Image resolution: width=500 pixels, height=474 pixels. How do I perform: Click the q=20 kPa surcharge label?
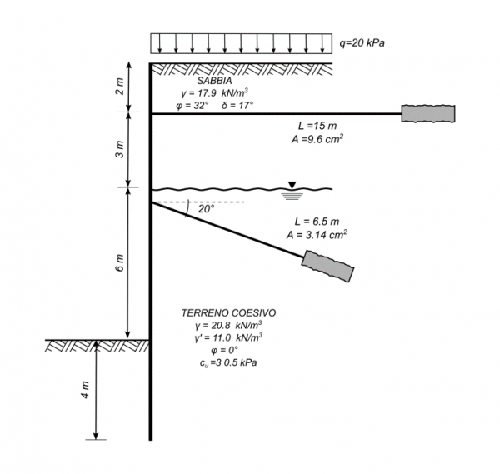362,43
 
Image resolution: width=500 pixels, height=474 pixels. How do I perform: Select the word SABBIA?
215,81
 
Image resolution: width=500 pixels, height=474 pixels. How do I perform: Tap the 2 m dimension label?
119,87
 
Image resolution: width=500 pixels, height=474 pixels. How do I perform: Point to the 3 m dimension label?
119,150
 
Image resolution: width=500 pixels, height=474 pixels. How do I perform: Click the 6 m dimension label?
119,263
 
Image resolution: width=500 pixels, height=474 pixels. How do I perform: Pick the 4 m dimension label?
85,390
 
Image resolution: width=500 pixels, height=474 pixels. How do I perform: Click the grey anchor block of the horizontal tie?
428,113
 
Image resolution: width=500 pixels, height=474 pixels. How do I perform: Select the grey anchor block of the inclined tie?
327,267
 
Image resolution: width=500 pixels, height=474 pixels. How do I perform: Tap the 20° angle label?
207,209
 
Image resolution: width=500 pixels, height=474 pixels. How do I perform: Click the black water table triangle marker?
292,185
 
